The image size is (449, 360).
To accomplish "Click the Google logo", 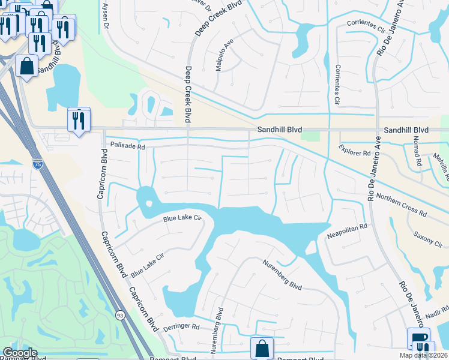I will pos(20,353).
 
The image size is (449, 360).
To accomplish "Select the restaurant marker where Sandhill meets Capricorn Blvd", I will pos(79,121).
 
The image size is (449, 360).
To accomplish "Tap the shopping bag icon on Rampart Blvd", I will pos(262,348).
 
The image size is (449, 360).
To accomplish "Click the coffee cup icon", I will pos(417,338).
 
